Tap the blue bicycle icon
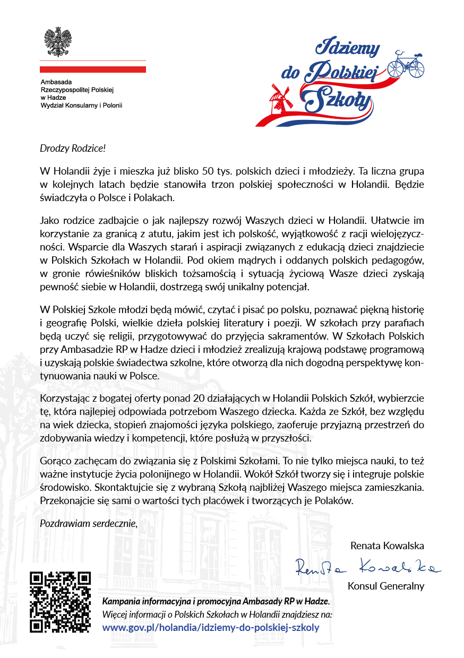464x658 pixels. coord(406,64)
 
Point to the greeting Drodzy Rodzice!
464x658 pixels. coord(70,149)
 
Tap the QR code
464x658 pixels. coord(60,602)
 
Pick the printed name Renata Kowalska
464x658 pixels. coord(387,546)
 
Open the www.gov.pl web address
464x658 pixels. coord(211,627)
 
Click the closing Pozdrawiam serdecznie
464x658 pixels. coord(89,524)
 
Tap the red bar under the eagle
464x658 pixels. coord(93,69)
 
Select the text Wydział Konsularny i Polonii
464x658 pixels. coord(81,106)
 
